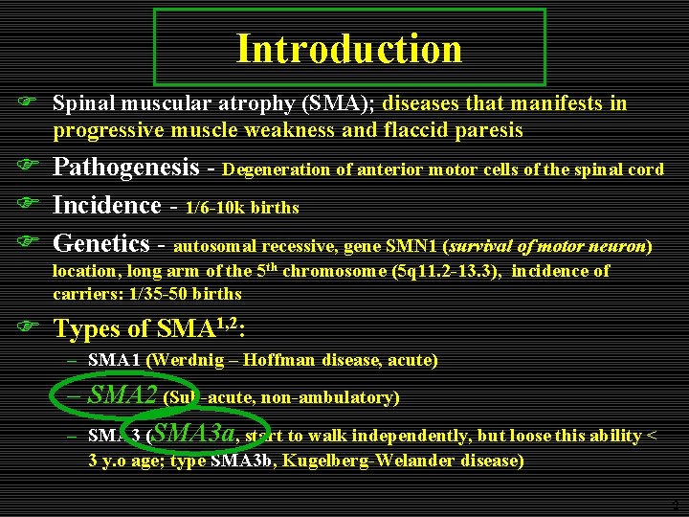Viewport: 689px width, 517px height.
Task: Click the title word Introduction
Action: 349,48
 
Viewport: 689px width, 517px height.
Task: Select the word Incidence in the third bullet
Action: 107,205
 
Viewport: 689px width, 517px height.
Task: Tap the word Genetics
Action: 101,244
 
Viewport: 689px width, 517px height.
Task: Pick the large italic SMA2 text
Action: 122,394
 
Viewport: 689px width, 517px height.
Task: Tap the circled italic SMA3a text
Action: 194,433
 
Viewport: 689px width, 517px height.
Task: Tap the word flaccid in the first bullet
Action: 409,129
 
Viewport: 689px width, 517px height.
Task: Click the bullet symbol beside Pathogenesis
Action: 29,169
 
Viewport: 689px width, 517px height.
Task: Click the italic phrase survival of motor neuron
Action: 572,246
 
